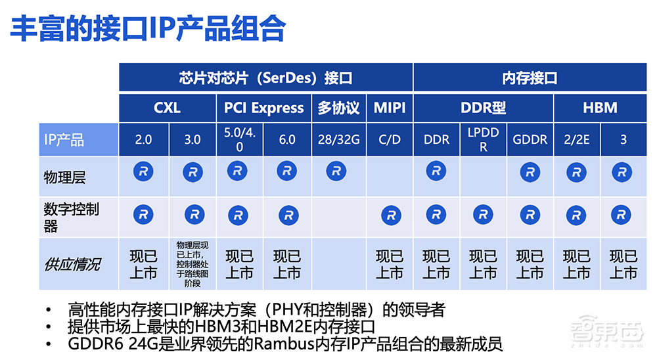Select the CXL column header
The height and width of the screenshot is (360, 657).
(x=168, y=108)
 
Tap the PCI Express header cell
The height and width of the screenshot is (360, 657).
(x=263, y=108)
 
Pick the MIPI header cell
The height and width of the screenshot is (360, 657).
(x=390, y=108)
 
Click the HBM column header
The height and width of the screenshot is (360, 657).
(x=599, y=108)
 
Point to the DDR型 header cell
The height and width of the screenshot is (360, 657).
(x=483, y=108)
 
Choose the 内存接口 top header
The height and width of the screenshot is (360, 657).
(x=530, y=78)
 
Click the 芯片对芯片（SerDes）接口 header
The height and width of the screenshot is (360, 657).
(x=265, y=78)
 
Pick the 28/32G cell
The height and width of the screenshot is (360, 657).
(x=338, y=139)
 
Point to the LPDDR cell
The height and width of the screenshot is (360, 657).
(x=483, y=139)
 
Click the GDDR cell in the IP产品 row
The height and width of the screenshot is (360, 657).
(x=530, y=139)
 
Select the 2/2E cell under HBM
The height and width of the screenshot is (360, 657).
(x=576, y=139)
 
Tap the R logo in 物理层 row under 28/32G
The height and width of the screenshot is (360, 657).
(x=336, y=171)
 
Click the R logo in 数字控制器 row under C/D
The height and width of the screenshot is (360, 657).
(x=391, y=214)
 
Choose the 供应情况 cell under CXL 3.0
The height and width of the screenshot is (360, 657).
(x=193, y=264)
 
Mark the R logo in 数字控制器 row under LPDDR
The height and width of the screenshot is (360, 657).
(x=483, y=214)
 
